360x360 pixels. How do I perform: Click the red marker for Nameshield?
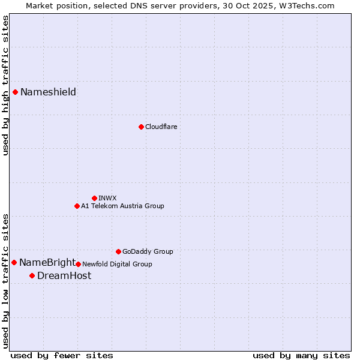[16, 92]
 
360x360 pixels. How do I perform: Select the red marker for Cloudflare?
[141, 127]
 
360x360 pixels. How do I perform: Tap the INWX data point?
[94, 198]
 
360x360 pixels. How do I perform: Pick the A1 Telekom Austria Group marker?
[77, 206]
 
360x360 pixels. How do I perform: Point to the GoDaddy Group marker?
[118, 251]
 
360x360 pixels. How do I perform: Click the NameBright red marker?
[14, 262]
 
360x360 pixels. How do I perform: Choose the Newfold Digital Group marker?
[78, 264]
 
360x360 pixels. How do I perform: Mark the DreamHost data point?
[32, 275]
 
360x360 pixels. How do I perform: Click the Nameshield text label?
[48, 92]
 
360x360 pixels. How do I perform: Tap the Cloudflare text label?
[161, 127]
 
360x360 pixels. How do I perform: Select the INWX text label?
[107, 198]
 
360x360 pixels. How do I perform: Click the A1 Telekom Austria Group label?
[122, 206]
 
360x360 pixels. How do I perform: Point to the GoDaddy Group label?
[148, 251]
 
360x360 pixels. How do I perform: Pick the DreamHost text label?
[64, 275]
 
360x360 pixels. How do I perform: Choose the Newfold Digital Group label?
[117, 264]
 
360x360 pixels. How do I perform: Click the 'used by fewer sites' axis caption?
[62, 355]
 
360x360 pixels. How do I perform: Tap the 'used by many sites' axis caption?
[301, 355]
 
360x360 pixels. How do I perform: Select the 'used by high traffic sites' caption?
[5, 85]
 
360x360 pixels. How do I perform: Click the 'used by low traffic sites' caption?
[5, 281]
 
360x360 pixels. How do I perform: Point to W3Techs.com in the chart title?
[308, 5]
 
